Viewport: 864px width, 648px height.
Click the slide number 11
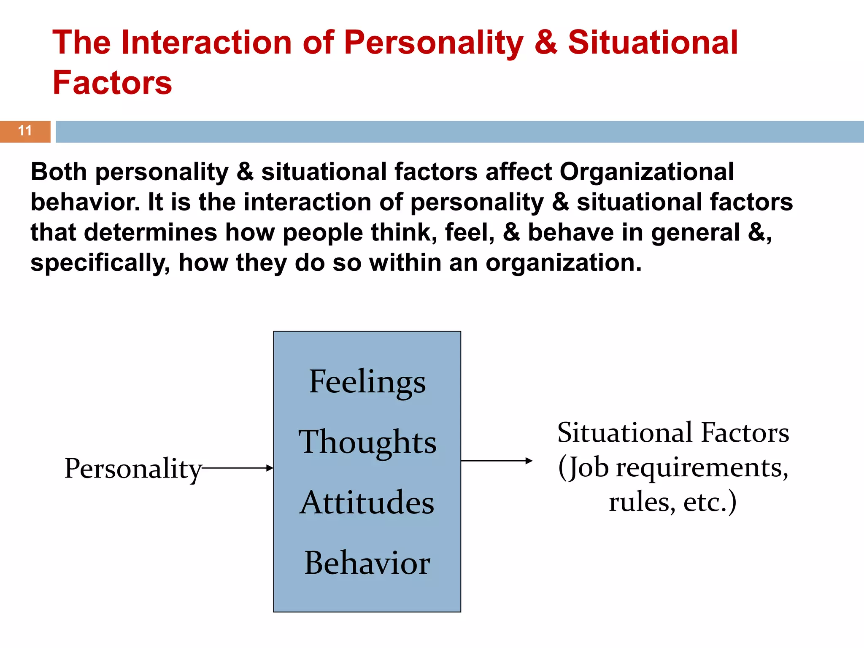pos(25,131)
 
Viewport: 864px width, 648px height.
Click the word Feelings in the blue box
pos(367,382)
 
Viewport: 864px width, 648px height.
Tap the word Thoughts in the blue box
pos(367,442)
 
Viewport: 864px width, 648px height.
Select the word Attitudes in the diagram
pos(367,502)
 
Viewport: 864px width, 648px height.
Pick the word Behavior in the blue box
pos(367,563)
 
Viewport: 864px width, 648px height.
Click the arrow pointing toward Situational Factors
pos(497,461)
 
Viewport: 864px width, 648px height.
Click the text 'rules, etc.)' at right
pos(672,502)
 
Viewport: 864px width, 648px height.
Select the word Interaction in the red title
pos(207,43)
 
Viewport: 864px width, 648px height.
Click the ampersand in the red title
pos(545,43)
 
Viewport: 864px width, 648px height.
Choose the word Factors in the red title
pos(112,83)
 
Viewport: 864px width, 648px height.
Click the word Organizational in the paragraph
pos(646,172)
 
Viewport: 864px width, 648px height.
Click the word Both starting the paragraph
pos(59,172)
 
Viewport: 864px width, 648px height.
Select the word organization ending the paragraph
pos(563,263)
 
